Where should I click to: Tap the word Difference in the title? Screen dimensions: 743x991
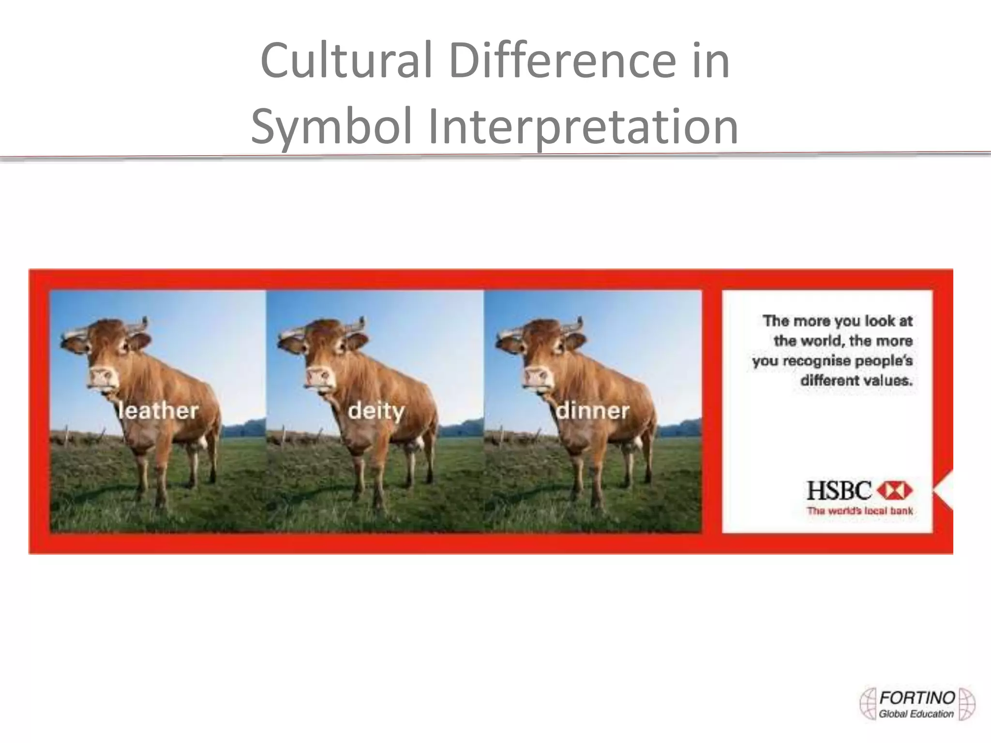tap(561, 61)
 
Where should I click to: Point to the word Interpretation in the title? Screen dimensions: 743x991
tap(583, 127)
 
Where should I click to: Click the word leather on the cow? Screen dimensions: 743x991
tap(158, 411)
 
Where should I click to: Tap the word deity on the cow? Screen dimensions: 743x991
tap(376, 412)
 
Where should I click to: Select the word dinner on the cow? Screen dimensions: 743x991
tap(593, 411)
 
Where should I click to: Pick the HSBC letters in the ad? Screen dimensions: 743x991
tap(839, 491)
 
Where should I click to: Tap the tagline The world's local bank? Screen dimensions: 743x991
tap(860, 511)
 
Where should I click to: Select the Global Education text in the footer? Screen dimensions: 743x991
tap(916, 714)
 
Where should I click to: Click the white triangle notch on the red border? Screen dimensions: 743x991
tap(944, 490)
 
